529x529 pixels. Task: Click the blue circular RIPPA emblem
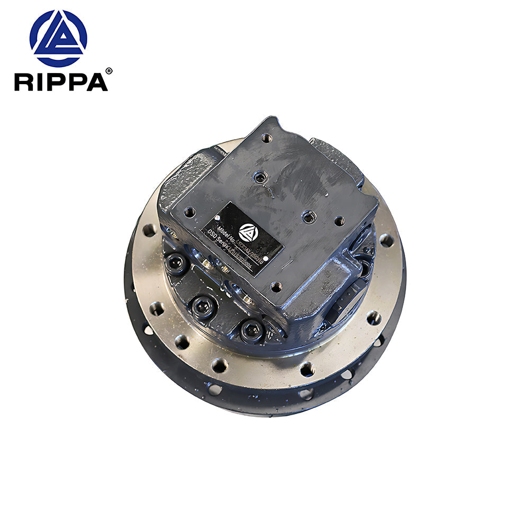point(58,38)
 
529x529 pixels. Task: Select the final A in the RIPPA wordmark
point(96,82)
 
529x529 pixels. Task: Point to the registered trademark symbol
point(109,71)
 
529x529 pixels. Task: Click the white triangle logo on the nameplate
point(247,232)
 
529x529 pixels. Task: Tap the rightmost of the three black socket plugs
point(252,331)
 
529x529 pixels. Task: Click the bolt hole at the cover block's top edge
point(267,138)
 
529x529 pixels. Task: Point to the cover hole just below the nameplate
point(276,287)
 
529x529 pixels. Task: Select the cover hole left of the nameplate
point(189,212)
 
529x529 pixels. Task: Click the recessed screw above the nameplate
point(260,178)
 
